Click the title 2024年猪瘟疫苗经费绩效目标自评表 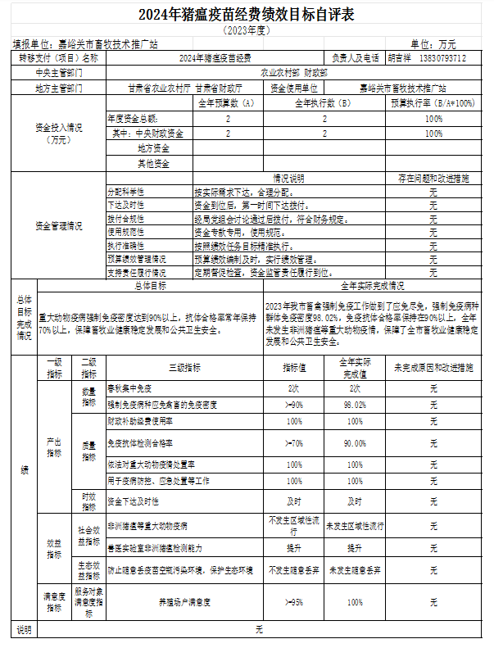click(x=246, y=14)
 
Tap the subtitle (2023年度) click(x=246, y=29)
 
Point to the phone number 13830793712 click(x=442, y=58)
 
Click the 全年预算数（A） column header click(x=227, y=103)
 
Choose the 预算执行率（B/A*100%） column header click(x=433, y=103)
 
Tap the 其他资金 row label click(x=153, y=164)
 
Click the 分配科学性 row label click(x=125, y=191)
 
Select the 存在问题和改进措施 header click(x=433, y=178)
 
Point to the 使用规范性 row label click(x=125, y=232)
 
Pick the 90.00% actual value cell click(x=355, y=443)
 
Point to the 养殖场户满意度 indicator click(x=185, y=602)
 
